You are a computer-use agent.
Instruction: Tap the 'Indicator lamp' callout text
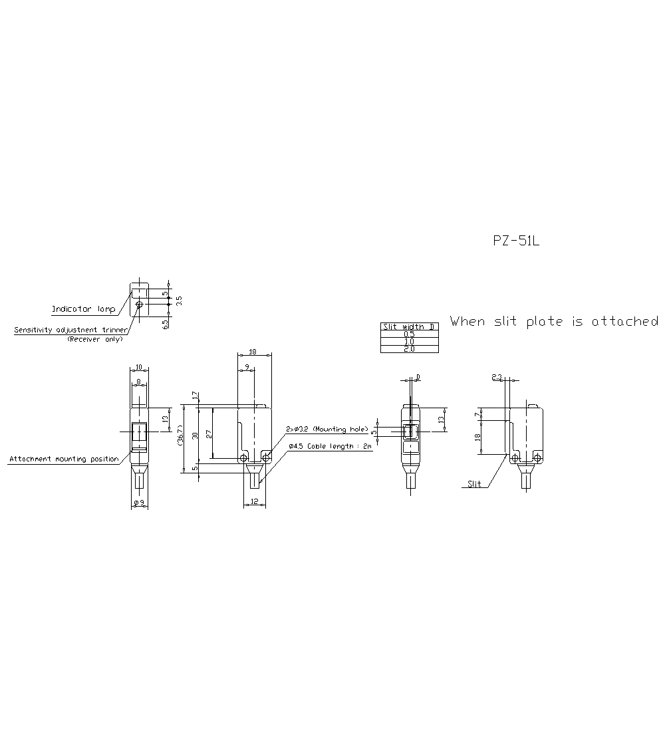[x=83, y=309]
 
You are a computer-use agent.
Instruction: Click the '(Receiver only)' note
[x=94, y=339]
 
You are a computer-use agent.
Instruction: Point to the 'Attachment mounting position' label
[x=64, y=459]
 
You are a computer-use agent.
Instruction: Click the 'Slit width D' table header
[x=409, y=326]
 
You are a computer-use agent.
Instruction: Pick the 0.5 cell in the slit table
[x=409, y=334]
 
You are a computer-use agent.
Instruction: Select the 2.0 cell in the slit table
[x=409, y=349]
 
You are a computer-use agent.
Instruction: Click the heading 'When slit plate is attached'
[x=554, y=322]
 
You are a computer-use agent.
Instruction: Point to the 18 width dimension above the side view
[x=253, y=352]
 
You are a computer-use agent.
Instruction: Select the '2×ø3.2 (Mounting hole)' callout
[x=326, y=429]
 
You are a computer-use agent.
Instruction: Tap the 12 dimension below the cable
[x=255, y=502]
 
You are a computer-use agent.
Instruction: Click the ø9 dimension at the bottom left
[x=139, y=503]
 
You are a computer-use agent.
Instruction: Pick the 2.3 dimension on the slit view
[x=497, y=377]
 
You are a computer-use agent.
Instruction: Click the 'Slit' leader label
[x=474, y=484]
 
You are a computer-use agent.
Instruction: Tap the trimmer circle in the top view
[x=139, y=305]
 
